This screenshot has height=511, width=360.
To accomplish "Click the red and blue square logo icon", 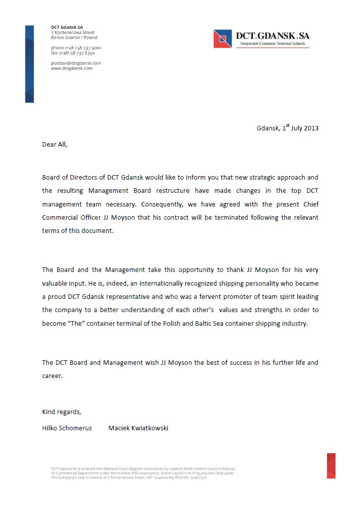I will click(222, 39).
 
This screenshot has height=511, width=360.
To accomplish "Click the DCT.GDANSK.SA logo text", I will click(272, 36).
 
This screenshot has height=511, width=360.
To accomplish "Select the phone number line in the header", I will click(76, 48).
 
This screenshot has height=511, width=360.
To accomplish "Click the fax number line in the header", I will click(73, 53).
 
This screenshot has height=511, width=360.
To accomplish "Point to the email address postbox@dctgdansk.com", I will click(76, 63).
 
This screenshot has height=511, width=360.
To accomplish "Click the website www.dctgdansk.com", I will click(72, 68).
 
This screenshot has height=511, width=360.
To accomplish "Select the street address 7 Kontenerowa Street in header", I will click(73, 32).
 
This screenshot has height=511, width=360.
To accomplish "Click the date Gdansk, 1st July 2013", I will click(287, 128).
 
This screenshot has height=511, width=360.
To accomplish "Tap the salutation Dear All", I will click(54, 144).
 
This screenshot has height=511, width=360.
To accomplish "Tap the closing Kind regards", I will click(61, 411).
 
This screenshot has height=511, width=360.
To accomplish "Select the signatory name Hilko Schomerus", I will click(67, 428).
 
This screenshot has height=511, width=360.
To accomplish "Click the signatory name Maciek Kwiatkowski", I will click(138, 428).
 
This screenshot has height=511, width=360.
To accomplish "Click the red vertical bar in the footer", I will click(331, 465).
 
